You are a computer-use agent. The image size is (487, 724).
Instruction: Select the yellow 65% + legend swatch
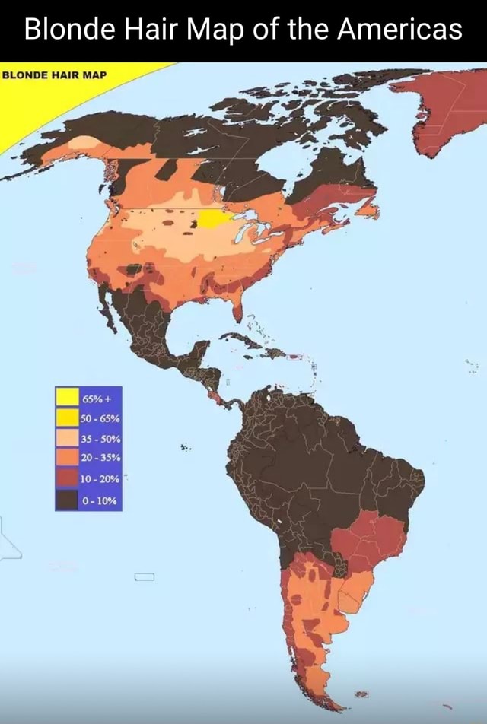point(66,396)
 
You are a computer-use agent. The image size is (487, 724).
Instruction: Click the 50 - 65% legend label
point(96,418)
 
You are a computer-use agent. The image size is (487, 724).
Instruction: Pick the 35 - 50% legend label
point(96,438)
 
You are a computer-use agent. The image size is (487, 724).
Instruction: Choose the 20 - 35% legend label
point(96,458)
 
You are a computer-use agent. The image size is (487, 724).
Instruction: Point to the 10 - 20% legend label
point(96,478)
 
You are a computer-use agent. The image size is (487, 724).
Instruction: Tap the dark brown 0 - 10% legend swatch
point(66,499)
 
